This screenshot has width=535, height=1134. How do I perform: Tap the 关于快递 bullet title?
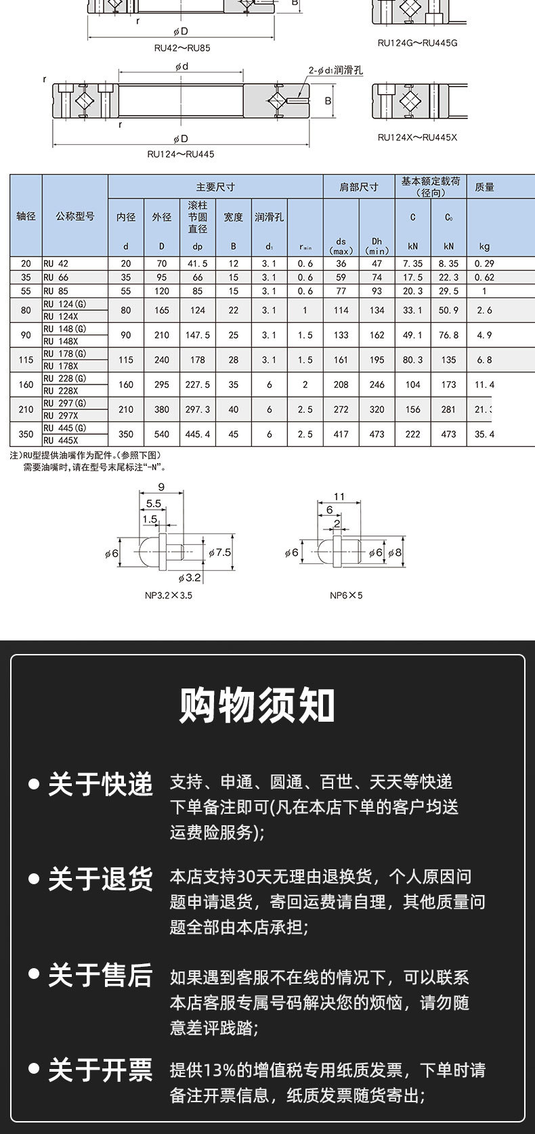(x=100, y=784)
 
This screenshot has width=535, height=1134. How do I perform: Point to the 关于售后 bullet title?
(x=100, y=976)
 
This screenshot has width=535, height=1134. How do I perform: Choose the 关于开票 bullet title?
(x=100, y=1070)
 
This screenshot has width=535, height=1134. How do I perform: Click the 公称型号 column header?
(x=74, y=217)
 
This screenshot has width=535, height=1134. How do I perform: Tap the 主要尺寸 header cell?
(x=215, y=187)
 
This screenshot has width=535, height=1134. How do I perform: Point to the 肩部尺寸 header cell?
(x=359, y=187)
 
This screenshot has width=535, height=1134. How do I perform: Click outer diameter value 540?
(x=162, y=434)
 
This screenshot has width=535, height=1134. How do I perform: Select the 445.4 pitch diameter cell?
(x=198, y=434)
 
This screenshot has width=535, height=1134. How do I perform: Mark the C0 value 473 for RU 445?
(x=448, y=434)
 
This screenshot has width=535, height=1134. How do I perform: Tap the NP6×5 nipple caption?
(x=346, y=596)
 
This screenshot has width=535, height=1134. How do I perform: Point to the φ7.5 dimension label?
(x=219, y=552)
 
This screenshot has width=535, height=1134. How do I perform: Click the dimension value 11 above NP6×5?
(x=339, y=497)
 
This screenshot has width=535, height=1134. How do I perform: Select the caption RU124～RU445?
(x=181, y=154)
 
